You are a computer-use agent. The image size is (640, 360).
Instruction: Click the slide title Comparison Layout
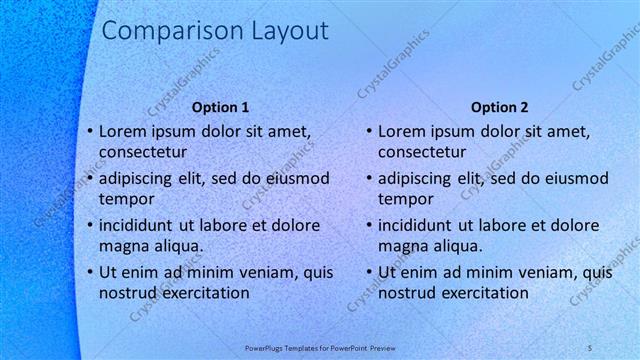pos(215,31)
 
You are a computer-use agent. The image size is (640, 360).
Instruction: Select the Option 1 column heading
pos(220,107)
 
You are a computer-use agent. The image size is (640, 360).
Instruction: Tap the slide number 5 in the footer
pos(590,347)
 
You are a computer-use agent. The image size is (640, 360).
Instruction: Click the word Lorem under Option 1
pos(123,131)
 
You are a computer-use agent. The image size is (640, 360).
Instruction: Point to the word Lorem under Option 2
pos(403,131)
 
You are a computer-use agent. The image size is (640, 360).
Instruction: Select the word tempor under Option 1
pos(123,199)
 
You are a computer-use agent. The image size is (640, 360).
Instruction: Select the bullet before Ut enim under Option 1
pos(89,272)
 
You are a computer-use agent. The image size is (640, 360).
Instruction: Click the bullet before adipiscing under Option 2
pos(369,178)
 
